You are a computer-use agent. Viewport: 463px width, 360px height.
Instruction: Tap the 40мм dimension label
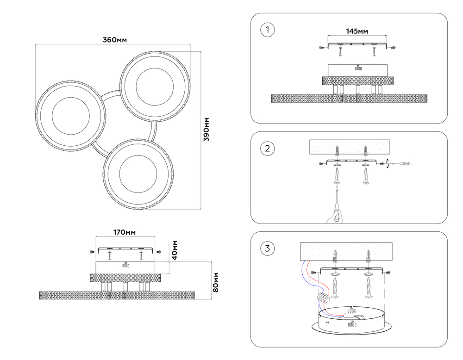(175, 250)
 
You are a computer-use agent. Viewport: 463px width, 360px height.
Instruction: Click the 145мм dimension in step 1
(357, 31)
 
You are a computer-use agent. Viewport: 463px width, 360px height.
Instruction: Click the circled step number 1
(268, 31)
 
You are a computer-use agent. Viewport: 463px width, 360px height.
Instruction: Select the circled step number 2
(268, 149)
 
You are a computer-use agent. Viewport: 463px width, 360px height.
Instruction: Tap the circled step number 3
(268, 248)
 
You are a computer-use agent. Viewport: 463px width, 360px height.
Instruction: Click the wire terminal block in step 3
(323, 297)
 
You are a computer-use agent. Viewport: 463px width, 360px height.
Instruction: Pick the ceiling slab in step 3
(346, 251)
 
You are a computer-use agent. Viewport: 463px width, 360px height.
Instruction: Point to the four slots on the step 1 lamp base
(357, 68)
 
